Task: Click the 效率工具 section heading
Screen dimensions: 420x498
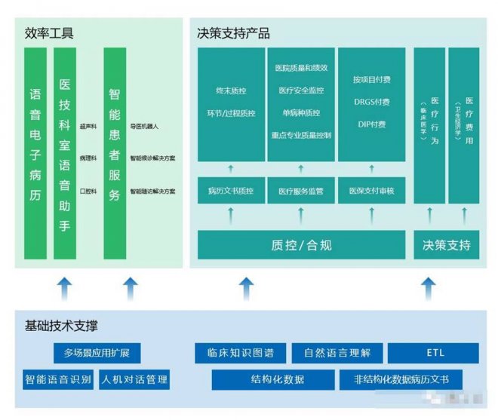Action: pos(49,33)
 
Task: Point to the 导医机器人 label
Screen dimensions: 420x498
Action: pos(144,126)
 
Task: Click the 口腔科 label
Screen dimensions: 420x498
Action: pos(88,192)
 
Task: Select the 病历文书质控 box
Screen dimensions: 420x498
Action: pos(231,192)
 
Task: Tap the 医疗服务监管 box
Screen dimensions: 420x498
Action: pos(300,192)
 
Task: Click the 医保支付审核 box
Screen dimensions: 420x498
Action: pos(370,192)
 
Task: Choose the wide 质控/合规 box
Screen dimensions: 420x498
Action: pos(301,245)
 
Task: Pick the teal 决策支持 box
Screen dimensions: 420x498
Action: pos(447,245)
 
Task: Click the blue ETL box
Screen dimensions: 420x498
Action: pos(432,353)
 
